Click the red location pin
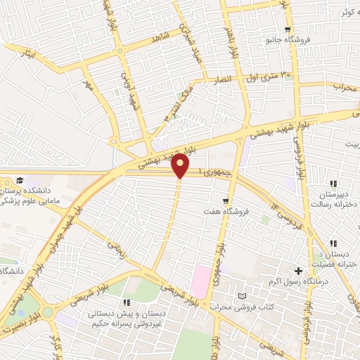pos(181,165)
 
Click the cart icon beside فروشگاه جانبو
pos(288,29)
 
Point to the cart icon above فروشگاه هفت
pos(226,199)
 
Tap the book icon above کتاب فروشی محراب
pos(243,297)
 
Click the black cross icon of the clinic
pos(299,271)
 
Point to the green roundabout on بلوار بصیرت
pos(47,311)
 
